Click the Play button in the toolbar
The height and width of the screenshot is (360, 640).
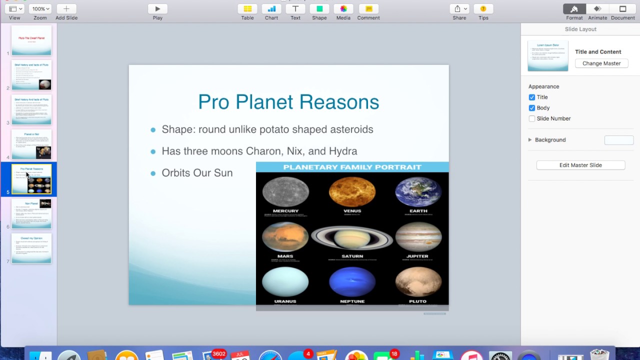click(157, 9)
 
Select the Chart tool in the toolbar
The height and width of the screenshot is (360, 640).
click(271, 9)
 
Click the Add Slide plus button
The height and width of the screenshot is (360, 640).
click(66, 9)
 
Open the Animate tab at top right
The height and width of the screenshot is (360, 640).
click(597, 9)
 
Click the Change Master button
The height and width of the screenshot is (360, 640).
click(601, 63)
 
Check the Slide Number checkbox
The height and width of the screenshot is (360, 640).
click(532, 118)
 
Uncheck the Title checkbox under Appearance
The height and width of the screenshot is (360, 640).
click(532, 97)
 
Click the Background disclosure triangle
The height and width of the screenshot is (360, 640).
click(530, 140)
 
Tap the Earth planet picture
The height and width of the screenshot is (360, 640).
click(418, 192)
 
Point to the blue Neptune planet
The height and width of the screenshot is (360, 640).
click(352, 281)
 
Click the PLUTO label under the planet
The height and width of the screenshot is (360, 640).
click(417, 301)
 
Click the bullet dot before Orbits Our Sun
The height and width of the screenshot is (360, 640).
click(153, 173)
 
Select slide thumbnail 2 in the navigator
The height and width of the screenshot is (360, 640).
click(31, 75)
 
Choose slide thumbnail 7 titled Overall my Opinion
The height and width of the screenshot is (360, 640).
click(31, 248)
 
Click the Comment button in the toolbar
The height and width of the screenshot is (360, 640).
click(368, 9)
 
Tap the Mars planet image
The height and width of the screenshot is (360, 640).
click(285, 236)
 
